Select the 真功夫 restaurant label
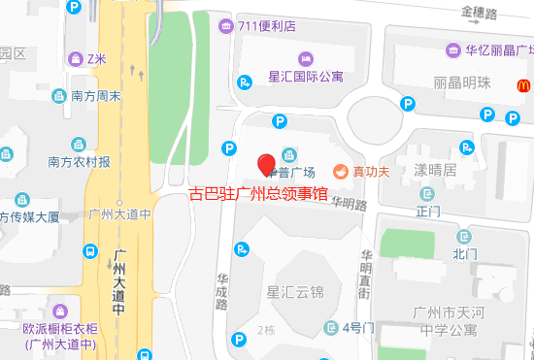371,172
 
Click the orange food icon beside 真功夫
341,172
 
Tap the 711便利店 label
266,26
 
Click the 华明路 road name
348,204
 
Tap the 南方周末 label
96,96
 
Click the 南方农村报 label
79,161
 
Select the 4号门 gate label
357,327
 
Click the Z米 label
96,58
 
